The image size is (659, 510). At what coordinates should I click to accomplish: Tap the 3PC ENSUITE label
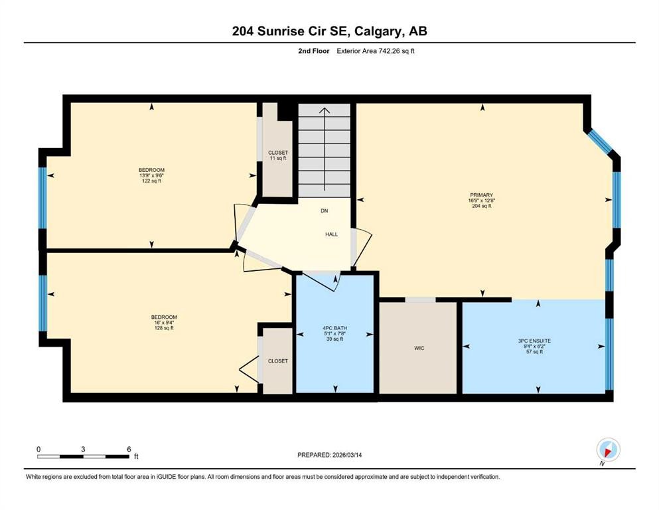tap(535, 346)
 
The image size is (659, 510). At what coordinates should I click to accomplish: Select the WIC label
tap(418, 348)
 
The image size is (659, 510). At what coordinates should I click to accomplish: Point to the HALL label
tap(332, 234)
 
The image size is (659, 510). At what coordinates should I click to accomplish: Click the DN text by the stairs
tap(325, 211)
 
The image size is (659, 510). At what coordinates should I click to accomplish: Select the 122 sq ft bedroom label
tap(151, 175)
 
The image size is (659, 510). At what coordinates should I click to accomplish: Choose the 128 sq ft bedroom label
tap(164, 322)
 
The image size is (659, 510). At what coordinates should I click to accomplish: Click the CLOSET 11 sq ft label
tap(278, 155)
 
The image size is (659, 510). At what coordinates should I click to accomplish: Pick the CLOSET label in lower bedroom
tap(278, 361)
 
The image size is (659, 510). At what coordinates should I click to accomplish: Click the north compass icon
tap(608, 450)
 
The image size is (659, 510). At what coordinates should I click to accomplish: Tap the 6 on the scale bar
tap(128, 449)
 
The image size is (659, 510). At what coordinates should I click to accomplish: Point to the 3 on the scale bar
tap(83, 449)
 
